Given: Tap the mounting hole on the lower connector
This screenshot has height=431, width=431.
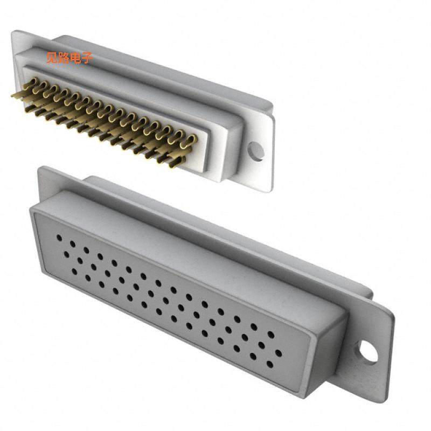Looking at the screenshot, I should (369, 351).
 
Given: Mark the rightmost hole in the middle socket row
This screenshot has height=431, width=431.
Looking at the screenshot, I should (278, 354).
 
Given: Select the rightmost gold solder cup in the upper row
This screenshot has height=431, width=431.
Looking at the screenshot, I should (190, 142).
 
